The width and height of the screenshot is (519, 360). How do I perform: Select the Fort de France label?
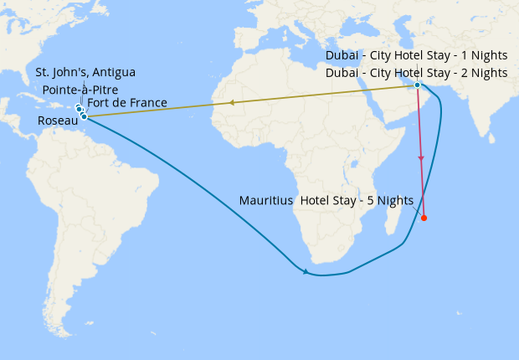click(127, 103)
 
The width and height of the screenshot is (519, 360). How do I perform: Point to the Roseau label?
click(59, 121)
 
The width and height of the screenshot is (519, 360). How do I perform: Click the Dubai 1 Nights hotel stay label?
click(416, 55)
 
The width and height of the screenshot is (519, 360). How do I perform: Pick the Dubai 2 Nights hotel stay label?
click(416, 72)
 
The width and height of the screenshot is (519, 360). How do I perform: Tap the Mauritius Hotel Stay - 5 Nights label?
click(326, 200)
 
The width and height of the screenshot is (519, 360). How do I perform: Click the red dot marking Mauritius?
click(424, 219)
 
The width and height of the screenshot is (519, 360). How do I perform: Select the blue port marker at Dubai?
click(417, 85)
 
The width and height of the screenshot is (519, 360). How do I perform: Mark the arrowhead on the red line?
click(421, 158)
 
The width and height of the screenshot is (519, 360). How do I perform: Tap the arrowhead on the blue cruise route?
click(306, 271)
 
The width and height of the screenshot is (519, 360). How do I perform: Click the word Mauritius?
click(265, 200)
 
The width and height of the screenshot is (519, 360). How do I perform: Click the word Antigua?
click(112, 73)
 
